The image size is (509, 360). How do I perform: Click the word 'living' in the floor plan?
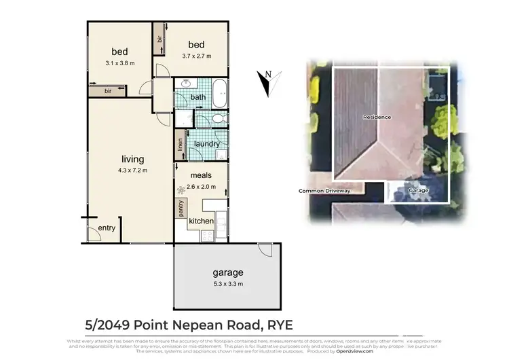(x=132, y=160)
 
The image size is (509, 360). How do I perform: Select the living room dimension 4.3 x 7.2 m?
(x=132, y=170)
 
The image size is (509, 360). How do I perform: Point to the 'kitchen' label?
(x=201, y=221)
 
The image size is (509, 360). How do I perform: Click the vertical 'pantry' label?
(x=181, y=209)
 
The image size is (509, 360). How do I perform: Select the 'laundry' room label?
(x=207, y=144)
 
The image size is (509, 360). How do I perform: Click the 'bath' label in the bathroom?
(x=197, y=97)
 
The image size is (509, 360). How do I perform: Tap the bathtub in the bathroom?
(x=221, y=93)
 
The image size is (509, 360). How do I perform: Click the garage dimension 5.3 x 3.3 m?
(x=227, y=284)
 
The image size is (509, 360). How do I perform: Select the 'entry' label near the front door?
(x=107, y=228)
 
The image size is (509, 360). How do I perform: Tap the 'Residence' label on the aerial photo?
(x=377, y=117)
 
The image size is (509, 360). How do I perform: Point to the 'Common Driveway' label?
(x=324, y=191)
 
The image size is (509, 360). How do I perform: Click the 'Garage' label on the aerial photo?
(x=418, y=191)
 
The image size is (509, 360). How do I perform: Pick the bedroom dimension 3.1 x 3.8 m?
(x=119, y=63)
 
